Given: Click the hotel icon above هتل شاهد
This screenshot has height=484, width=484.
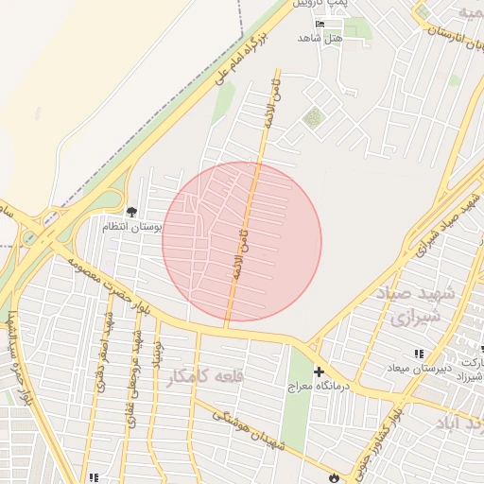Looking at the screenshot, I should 320,24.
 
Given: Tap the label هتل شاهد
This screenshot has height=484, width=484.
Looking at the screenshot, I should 320,37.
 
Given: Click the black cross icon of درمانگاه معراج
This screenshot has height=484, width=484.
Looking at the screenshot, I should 319,372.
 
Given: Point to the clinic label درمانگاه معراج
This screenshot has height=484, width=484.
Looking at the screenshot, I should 319,387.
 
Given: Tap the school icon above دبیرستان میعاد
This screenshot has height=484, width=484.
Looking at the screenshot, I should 419,354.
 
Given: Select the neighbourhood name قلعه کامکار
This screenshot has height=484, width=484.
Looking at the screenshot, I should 205,376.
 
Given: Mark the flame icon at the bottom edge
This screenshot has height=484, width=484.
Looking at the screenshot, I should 332,478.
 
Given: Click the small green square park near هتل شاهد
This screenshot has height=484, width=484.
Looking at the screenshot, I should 312,118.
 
